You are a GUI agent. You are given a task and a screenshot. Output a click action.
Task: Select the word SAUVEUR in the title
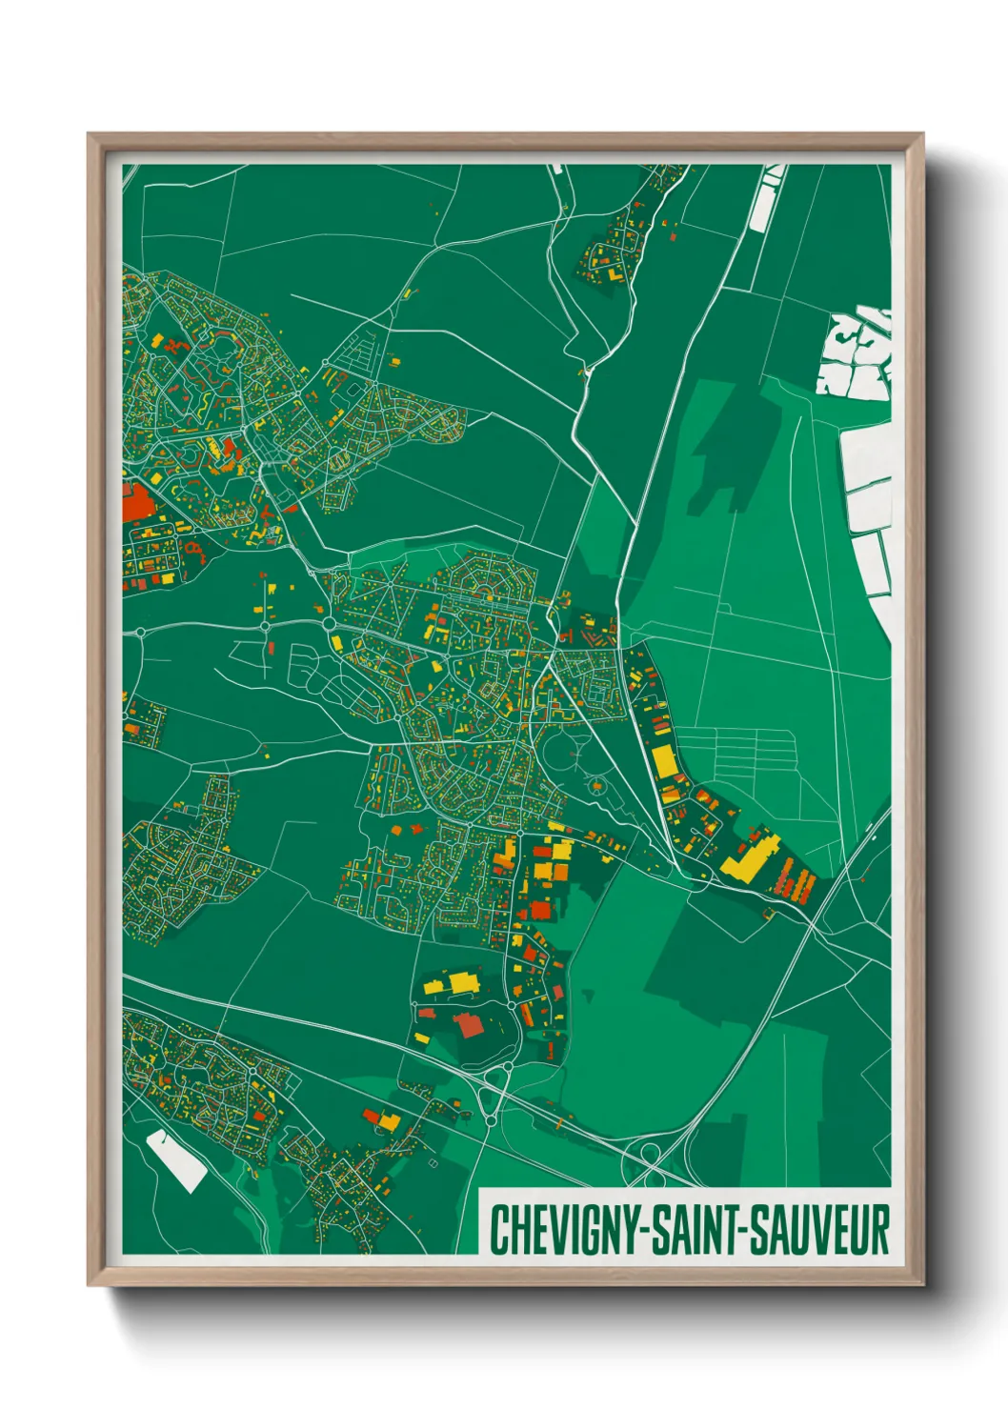(819, 1229)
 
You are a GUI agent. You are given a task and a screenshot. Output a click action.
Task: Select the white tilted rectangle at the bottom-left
(177, 1160)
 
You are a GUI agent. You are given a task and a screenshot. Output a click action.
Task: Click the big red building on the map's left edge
(136, 501)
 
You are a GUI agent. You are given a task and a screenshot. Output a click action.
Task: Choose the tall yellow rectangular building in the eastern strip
(663, 762)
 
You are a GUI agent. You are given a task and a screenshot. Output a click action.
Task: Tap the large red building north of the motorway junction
(468, 1025)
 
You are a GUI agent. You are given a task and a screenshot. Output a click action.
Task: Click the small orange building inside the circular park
(597, 786)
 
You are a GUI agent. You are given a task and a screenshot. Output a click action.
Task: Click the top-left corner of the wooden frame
(89, 135)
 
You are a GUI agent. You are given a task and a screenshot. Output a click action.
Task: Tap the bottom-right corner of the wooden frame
(923, 1284)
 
